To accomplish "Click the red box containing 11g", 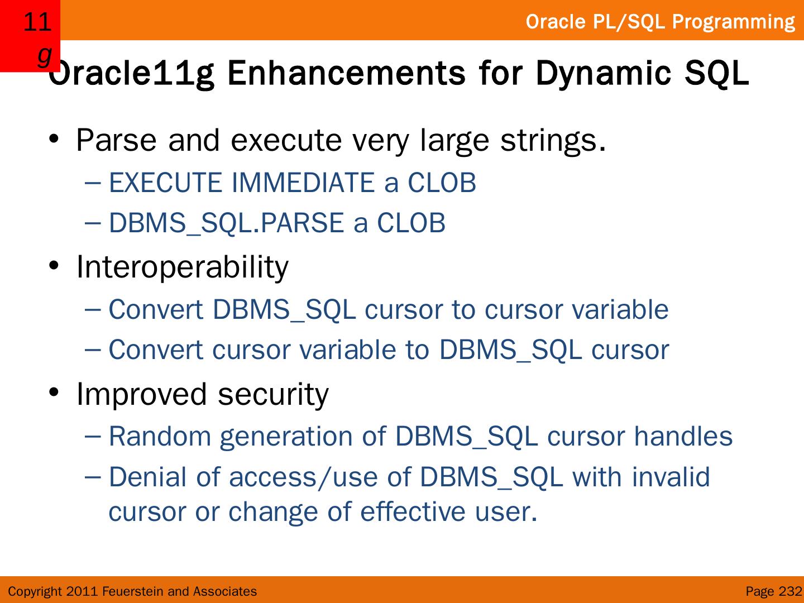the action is point(30,36).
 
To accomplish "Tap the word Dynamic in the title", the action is point(604,74).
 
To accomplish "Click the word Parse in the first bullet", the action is point(116,140).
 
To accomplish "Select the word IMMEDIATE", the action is point(303,183).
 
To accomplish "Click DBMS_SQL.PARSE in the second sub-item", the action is point(227,223).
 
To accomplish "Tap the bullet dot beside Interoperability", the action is point(54,265).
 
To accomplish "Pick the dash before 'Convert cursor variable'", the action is point(93,350).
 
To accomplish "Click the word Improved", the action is point(142,395).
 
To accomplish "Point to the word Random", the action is point(160,436).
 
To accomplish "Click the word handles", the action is point(683,436).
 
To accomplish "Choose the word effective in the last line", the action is point(413,511).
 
